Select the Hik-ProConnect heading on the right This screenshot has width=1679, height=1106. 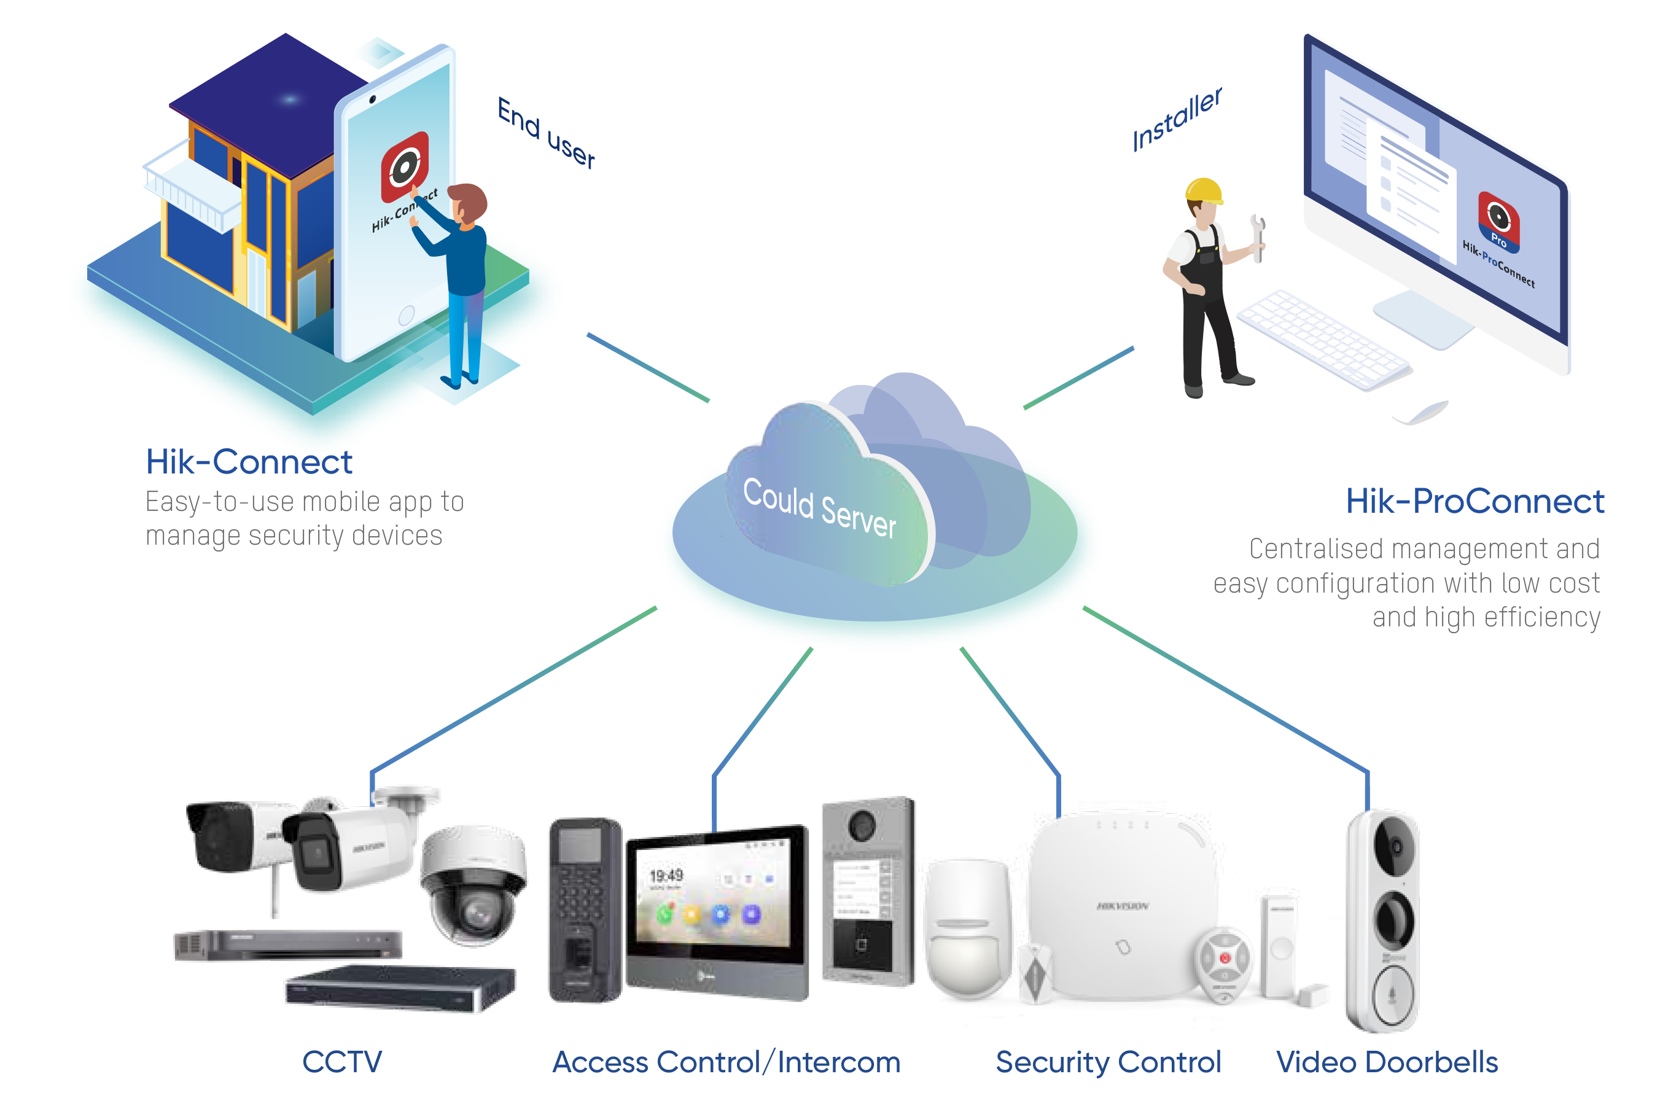tap(1474, 502)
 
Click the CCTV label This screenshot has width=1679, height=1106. tap(342, 1062)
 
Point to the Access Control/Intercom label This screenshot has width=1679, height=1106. tap(726, 1062)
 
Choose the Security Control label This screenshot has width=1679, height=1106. tap(1108, 1062)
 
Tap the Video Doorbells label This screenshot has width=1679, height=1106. tap(1386, 1062)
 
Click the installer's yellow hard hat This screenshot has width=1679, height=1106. tap(1203, 190)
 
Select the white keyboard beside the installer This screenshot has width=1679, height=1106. tap(1323, 338)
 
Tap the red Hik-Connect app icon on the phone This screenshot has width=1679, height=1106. tap(405, 166)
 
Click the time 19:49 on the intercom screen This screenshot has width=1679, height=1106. tap(666, 875)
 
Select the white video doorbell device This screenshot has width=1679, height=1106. tap(1383, 921)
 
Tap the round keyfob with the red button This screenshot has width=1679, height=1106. tap(1224, 959)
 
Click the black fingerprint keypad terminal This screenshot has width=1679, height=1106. tap(584, 910)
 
